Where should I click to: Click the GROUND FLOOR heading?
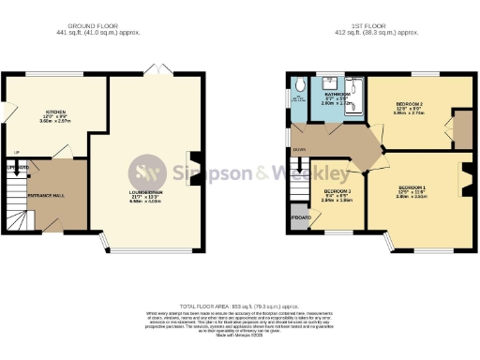pyautogui.click(x=92, y=24)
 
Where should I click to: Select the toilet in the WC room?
pyautogui.click(x=299, y=86)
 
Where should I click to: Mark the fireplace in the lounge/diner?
pyautogui.click(x=191, y=160)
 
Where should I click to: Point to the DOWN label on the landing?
pyautogui.click(x=299, y=149)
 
